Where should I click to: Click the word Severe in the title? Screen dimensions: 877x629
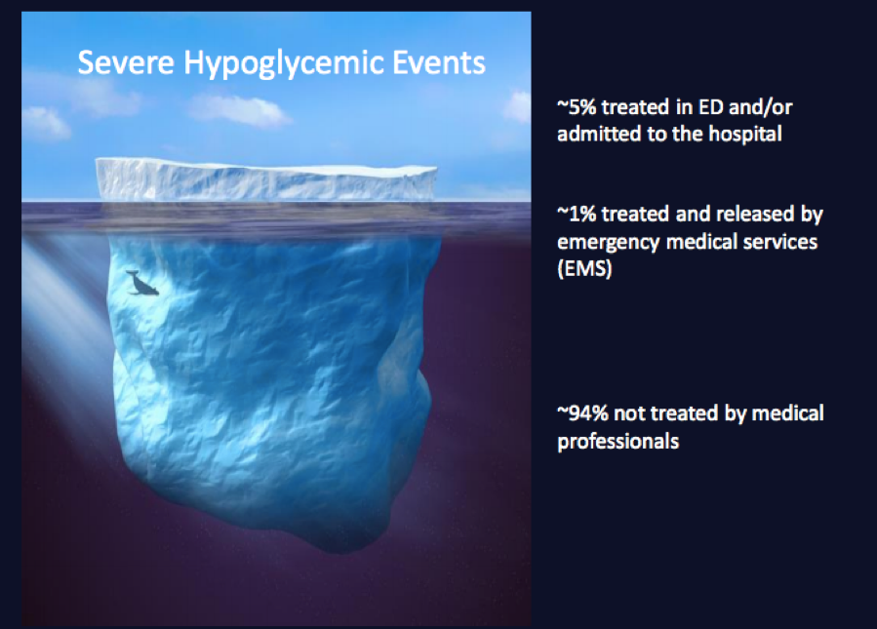click(126, 62)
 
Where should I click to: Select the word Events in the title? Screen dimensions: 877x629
click(439, 62)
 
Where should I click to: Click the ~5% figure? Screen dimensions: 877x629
click(577, 107)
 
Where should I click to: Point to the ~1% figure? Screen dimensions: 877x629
click(577, 214)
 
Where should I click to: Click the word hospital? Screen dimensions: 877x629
click(745, 135)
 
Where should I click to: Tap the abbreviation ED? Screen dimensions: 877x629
click(711, 107)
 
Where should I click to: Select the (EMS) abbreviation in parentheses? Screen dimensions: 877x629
click(584, 269)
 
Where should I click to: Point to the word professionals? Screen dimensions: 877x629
click(618, 443)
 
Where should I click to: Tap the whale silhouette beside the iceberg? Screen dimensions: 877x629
click(142, 283)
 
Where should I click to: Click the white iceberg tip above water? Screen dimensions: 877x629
click(266, 178)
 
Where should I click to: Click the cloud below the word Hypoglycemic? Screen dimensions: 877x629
click(239, 110)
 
